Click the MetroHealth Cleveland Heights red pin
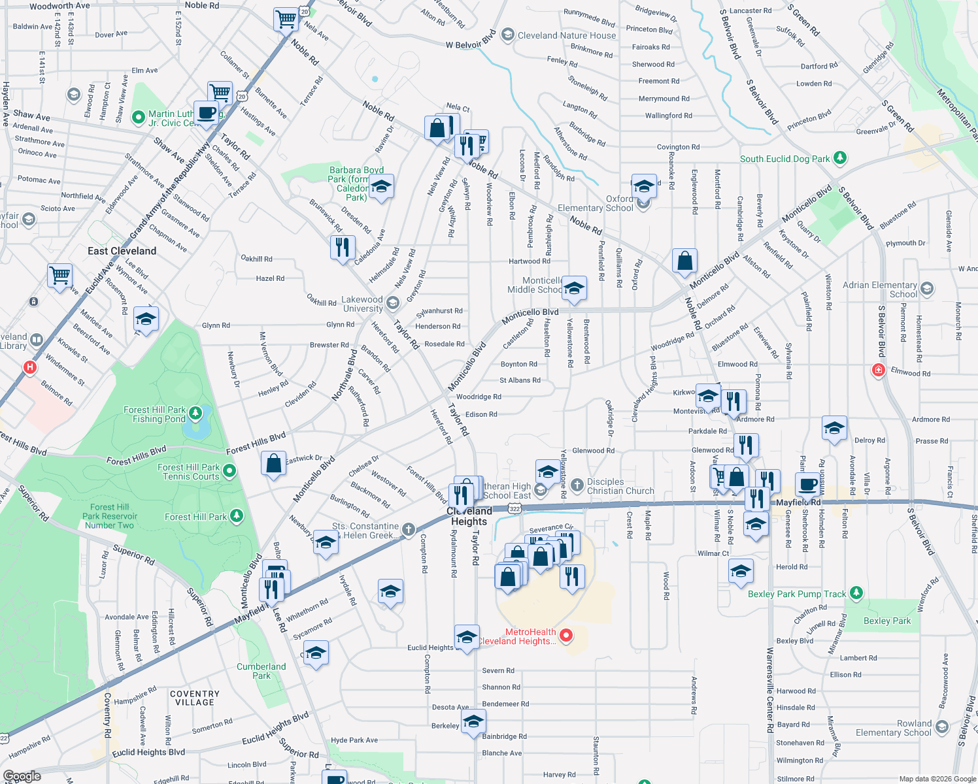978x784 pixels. point(566,635)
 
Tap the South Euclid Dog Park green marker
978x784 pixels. point(840,158)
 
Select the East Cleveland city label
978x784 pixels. point(122,251)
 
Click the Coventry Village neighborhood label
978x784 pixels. point(194,698)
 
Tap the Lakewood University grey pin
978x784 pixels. point(392,302)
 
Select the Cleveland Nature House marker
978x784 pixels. point(508,35)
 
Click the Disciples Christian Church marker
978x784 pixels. point(577,485)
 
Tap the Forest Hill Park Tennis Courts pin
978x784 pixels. point(229,470)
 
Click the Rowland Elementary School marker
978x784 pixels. point(941,727)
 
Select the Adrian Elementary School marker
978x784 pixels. point(926,288)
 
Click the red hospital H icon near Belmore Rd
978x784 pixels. point(29,367)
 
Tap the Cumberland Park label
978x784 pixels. point(261,671)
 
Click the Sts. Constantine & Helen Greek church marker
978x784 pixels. point(409,529)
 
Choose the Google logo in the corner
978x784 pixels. point(22,776)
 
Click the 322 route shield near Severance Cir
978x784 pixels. point(514,508)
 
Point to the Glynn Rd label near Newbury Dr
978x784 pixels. point(216,325)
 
